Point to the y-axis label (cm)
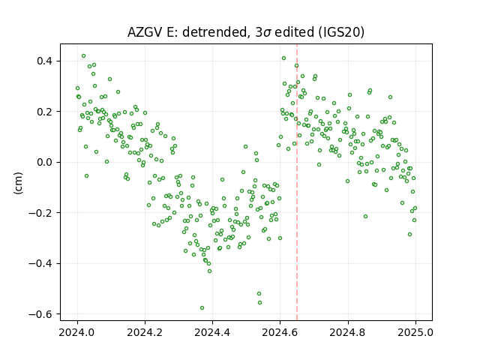tap(18, 183)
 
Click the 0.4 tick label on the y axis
tap(45, 61)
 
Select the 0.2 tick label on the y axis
tap(45, 112)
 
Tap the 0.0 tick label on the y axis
tap(45, 162)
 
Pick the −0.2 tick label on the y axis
tap(41, 213)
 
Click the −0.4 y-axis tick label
tap(41, 263)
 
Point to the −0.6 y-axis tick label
tap(41, 314)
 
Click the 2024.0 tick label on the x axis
tap(77, 332)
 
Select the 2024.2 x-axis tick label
tap(145, 332)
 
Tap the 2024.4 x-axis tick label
tap(212, 332)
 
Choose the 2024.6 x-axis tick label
tap(280, 332)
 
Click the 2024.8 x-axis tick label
tap(348, 332)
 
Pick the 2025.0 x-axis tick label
tap(415, 332)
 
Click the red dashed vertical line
tap(297, 182)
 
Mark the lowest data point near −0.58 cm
tap(202, 308)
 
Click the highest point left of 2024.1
tap(83, 56)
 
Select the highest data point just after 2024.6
tap(283, 58)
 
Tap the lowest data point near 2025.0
tap(410, 235)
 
